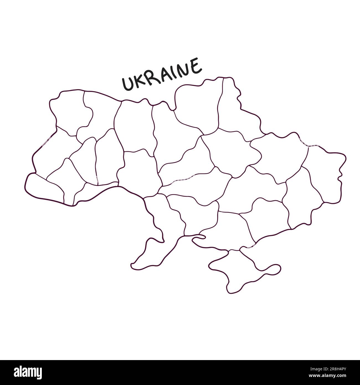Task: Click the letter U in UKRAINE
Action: pyautogui.click(x=128, y=84)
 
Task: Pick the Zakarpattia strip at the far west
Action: pyautogui.click(x=44, y=188)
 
